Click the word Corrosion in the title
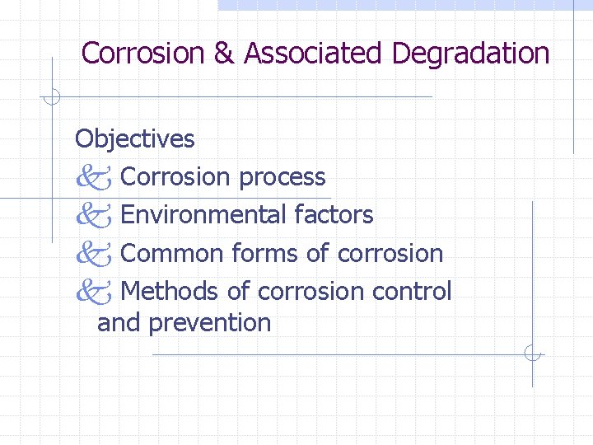click(143, 54)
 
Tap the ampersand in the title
click(224, 54)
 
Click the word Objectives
click(135, 138)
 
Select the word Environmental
click(203, 215)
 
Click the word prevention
click(210, 323)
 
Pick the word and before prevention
click(119, 323)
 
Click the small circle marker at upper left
click(51, 97)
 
